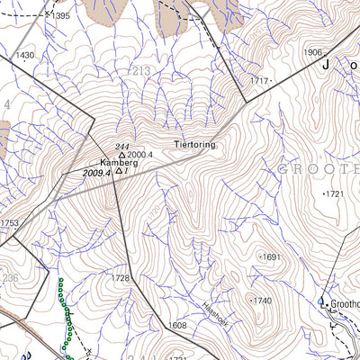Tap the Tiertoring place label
coord(194,145)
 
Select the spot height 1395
coord(60,16)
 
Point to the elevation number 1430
coord(24,55)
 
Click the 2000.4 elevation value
coord(140,155)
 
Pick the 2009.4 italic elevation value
coord(95,172)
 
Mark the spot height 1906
coord(312,53)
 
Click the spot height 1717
coord(260,82)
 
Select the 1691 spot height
coord(271,256)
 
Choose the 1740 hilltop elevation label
coord(261,300)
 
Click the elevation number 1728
coord(121,278)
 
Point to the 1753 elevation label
coord(9,223)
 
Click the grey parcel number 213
coord(141,71)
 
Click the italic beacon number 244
coord(122,146)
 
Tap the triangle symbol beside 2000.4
coord(122,155)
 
